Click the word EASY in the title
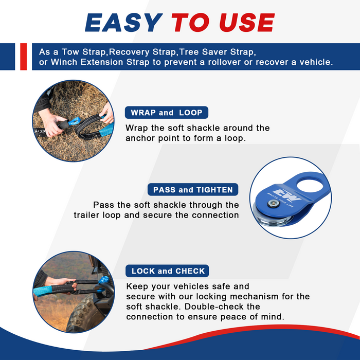coord(124,22)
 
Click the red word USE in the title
coord(247,22)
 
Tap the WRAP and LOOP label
coord(167,113)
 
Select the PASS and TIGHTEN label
coord(193,190)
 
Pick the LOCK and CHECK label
coord(167,271)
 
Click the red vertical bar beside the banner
coord(24,57)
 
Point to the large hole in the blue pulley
coord(310,186)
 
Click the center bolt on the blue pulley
coord(274,203)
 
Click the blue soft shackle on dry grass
coord(74,121)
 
